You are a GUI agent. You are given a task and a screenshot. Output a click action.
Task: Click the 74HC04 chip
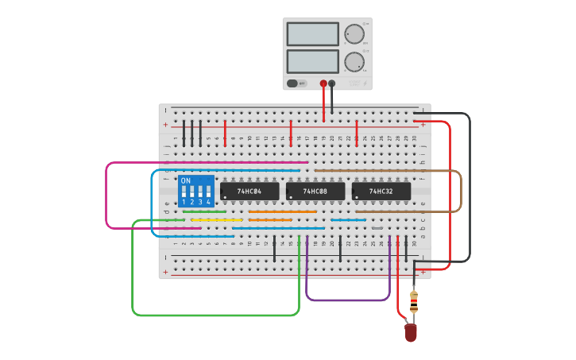click(x=249, y=192)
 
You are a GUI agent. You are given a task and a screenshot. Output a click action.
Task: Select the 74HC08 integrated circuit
click(x=315, y=192)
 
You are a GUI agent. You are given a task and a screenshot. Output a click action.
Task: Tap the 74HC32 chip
click(x=381, y=192)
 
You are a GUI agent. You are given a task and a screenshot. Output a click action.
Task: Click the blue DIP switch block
click(x=196, y=192)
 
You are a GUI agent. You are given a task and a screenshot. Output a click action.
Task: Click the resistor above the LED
click(x=413, y=303)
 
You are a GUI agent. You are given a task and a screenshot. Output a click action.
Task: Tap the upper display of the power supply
click(x=312, y=34)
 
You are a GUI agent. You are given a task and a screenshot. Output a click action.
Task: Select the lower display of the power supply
click(x=312, y=61)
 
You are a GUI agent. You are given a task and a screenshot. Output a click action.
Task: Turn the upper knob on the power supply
click(x=353, y=33)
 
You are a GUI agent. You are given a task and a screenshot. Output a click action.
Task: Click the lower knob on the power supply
click(x=353, y=61)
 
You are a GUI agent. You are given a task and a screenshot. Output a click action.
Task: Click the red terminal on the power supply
click(x=323, y=83)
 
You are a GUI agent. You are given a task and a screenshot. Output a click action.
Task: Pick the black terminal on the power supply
click(x=332, y=83)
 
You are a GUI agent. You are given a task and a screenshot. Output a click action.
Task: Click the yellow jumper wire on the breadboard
click(x=217, y=220)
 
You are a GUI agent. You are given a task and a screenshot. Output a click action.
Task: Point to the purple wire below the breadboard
click(x=348, y=300)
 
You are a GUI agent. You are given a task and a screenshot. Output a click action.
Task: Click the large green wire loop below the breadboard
click(x=215, y=315)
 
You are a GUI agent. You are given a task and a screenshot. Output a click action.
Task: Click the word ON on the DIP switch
click(x=186, y=180)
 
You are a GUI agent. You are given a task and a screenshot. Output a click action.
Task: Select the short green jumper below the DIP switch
click(x=204, y=211)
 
